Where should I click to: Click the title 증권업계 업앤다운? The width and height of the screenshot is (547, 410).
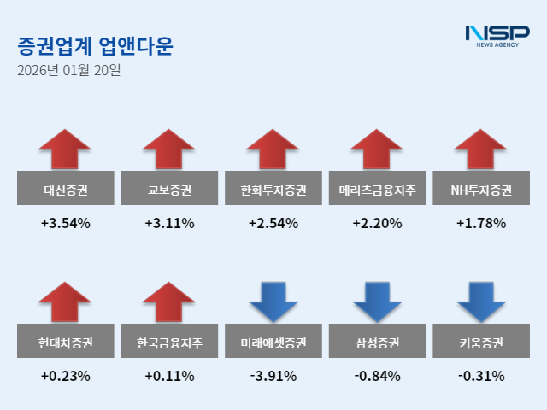[x=94, y=46]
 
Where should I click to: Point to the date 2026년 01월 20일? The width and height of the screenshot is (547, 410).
[x=69, y=71]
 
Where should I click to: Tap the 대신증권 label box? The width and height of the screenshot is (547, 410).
[x=66, y=190]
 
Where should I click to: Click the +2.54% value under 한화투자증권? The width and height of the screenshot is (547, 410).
[x=273, y=224]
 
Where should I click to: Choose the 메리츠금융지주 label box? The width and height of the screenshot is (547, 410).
[x=377, y=190]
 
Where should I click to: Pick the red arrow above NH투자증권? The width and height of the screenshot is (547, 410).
[x=480, y=149]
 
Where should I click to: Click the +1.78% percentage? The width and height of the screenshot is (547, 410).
[x=481, y=224]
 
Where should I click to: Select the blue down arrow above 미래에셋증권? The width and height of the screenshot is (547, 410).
[x=273, y=301]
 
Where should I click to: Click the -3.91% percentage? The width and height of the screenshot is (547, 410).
[x=273, y=376]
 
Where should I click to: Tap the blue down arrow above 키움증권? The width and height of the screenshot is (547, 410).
[x=480, y=301]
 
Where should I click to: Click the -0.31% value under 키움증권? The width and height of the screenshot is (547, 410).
[x=481, y=376]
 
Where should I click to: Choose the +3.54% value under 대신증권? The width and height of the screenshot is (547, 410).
[x=66, y=224]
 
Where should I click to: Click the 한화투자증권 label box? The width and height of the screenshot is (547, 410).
[x=273, y=190]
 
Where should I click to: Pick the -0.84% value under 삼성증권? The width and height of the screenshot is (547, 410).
[x=377, y=376]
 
